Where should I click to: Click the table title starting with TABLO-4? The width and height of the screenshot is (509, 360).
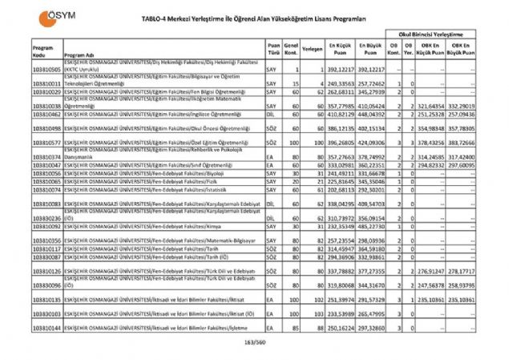264,18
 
